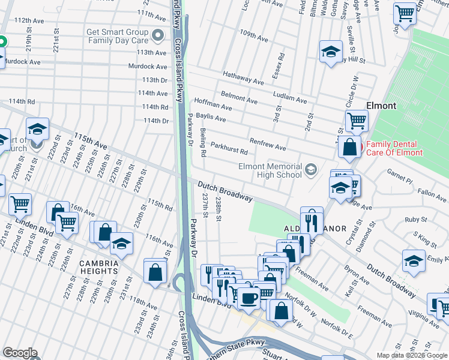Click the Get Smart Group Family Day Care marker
point(158,36)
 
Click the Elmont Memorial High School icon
point(310,170)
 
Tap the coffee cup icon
point(249,297)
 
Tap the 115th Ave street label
point(90,142)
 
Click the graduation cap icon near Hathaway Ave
point(330,52)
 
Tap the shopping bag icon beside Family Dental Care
point(349,146)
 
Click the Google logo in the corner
point(20,353)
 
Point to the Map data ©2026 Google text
point(412,355)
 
